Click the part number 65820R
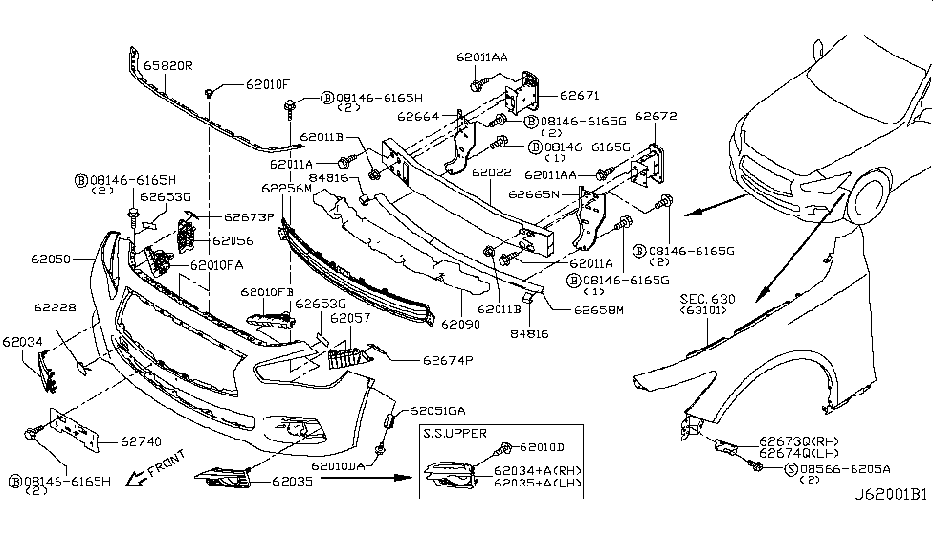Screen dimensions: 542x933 click(168, 67)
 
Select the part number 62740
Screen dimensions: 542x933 click(140, 442)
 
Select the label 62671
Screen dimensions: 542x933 click(579, 96)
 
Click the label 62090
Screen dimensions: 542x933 click(462, 326)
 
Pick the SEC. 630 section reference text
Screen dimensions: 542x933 click(708, 300)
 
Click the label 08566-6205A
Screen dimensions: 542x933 click(845, 468)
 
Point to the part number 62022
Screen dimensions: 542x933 click(491, 172)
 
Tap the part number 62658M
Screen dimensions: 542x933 click(599, 310)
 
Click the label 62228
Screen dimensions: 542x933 click(57, 307)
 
